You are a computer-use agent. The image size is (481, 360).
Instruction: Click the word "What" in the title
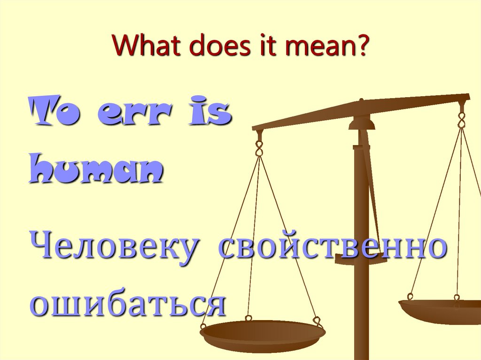click(141, 48)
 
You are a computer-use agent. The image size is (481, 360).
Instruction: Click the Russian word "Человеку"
click(112, 247)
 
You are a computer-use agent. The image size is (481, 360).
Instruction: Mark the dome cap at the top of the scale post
click(362, 123)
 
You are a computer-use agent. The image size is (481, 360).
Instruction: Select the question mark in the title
click(362, 48)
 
